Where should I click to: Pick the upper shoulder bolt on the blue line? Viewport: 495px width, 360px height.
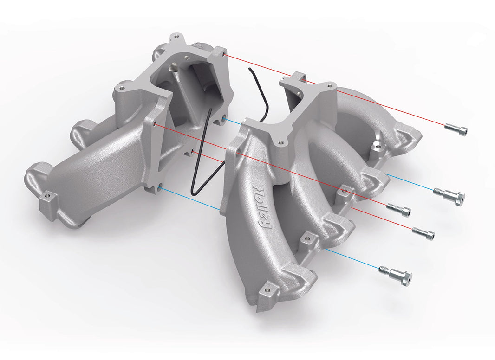pos(449,195)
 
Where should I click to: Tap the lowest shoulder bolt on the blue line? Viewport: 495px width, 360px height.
pos(395,274)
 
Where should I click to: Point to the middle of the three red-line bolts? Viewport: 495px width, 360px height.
pos(399,210)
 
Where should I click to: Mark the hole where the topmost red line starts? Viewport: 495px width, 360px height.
pos(224,55)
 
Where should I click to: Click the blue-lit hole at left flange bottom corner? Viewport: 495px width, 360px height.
pos(160,187)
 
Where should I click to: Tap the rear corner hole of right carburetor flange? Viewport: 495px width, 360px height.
pos(330,86)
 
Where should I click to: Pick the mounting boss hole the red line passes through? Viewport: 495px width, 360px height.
pos(344,190)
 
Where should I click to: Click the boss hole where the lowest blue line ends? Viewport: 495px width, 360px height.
pos(306,238)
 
